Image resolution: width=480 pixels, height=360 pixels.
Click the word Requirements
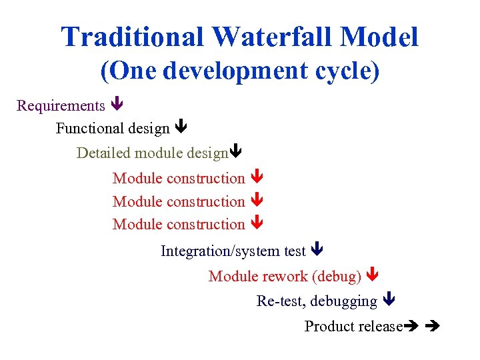pyautogui.click(x=61, y=106)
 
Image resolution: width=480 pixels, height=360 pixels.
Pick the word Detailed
pyautogui.click(x=103, y=153)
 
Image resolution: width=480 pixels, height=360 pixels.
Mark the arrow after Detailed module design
pyautogui.click(x=235, y=153)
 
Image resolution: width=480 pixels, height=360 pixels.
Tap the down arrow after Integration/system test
pyautogui.click(x=317, y=251)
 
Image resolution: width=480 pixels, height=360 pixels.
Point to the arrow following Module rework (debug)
pyautogui.click(x=373, y=275)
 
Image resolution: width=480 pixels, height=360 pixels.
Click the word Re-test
pyautogui.click(x=281, y=301)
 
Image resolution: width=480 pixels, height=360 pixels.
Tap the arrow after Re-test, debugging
pyautogui.click(x=389, y=301)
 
